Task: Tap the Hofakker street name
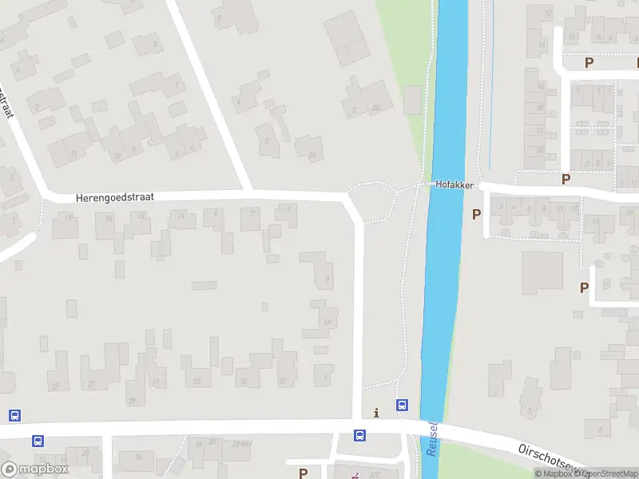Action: click(x=454, y=184)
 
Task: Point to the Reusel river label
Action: click(x=432, y=440)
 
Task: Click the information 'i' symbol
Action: click(x=376, y=413)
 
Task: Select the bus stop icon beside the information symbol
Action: click(x=403, y=406)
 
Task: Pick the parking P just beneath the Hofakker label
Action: click(x=477, y=214)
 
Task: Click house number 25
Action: click(x=55, y=386)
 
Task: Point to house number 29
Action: click(x=132, y=400)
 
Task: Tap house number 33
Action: click(x=196, y=382)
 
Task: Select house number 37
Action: click(x=283, y=382)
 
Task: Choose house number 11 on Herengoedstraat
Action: click(x=181, y=216)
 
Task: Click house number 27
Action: click(x=91, y=384)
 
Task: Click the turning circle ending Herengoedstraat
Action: click(x=372, y=201)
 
